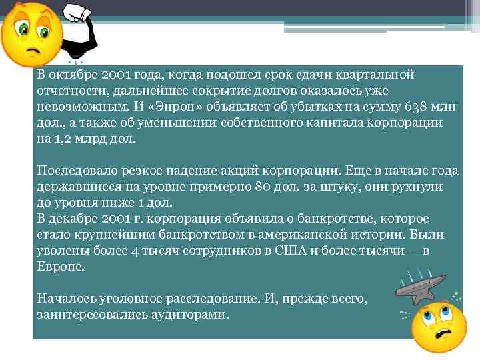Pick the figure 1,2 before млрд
61,140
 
